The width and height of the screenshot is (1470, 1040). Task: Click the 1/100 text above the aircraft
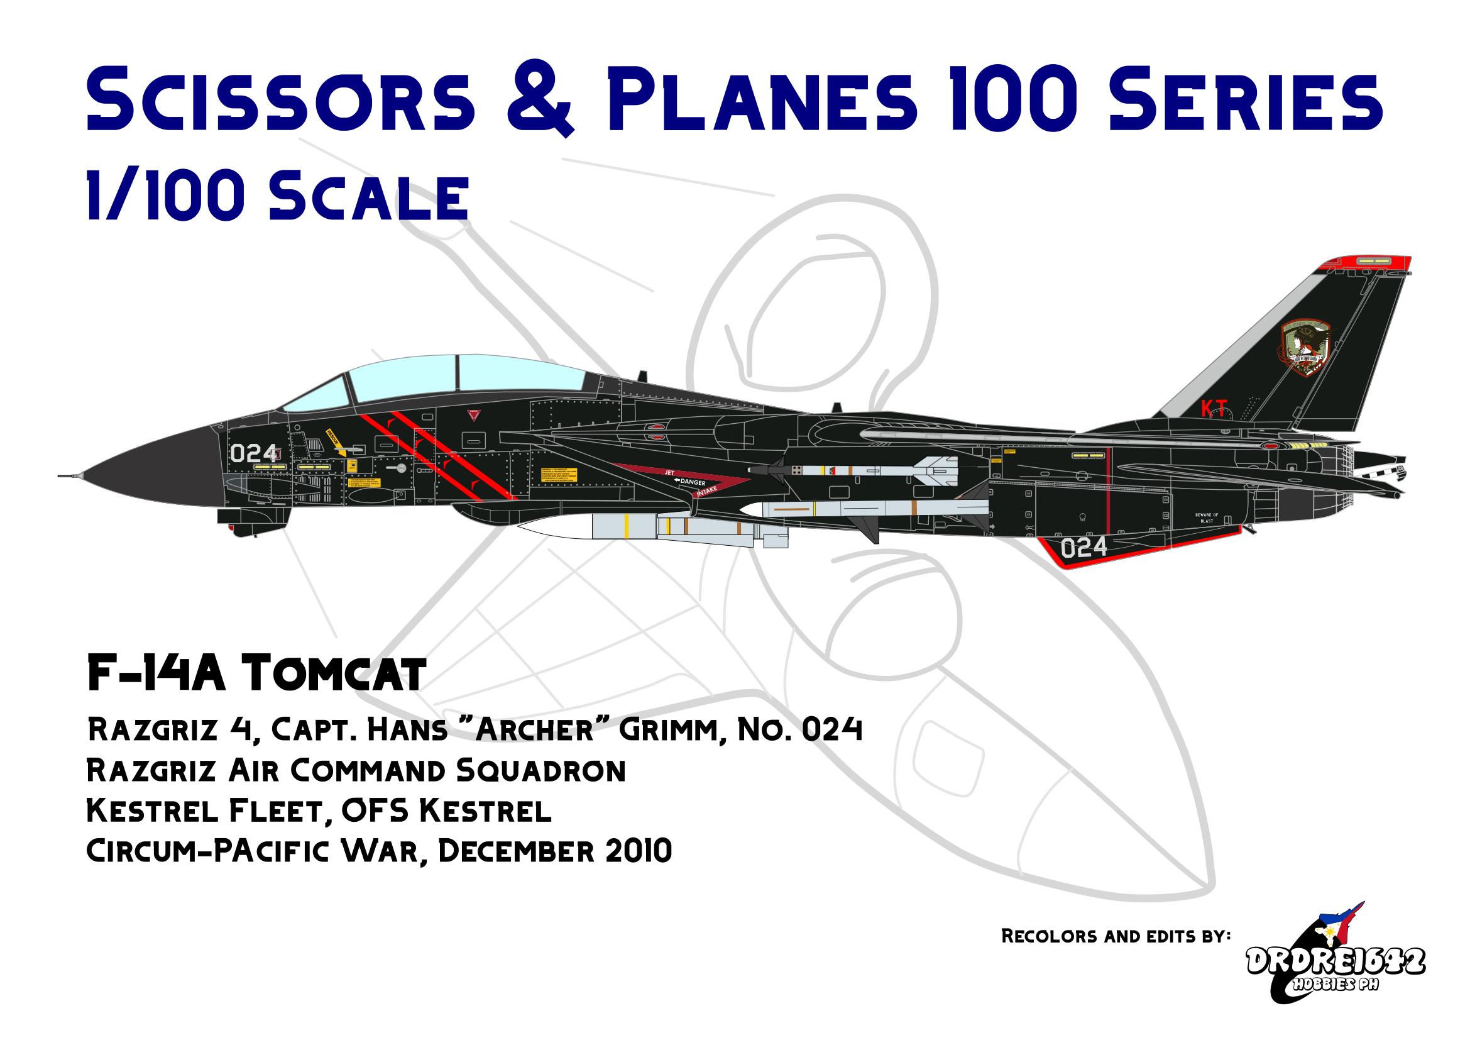pyautogui.click(x=165, y=196)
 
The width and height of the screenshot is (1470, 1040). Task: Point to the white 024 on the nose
pyautogui.click(x=253, y=454)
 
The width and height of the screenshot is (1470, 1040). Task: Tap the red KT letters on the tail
pyautogui.click(x=1213, y=409)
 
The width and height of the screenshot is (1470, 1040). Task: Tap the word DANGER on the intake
pyautogui.click(x=693, y=482)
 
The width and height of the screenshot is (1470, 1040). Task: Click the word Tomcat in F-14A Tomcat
pyautogui.click(x=333, y=674)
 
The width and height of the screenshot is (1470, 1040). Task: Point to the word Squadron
pyautogui.click(x=541, y=771)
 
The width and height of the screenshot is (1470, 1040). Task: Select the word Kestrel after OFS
pyautogui.click(x=485, y=811)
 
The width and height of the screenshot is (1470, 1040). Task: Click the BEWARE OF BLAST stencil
pyautogui.click(x=1207, y=518)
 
